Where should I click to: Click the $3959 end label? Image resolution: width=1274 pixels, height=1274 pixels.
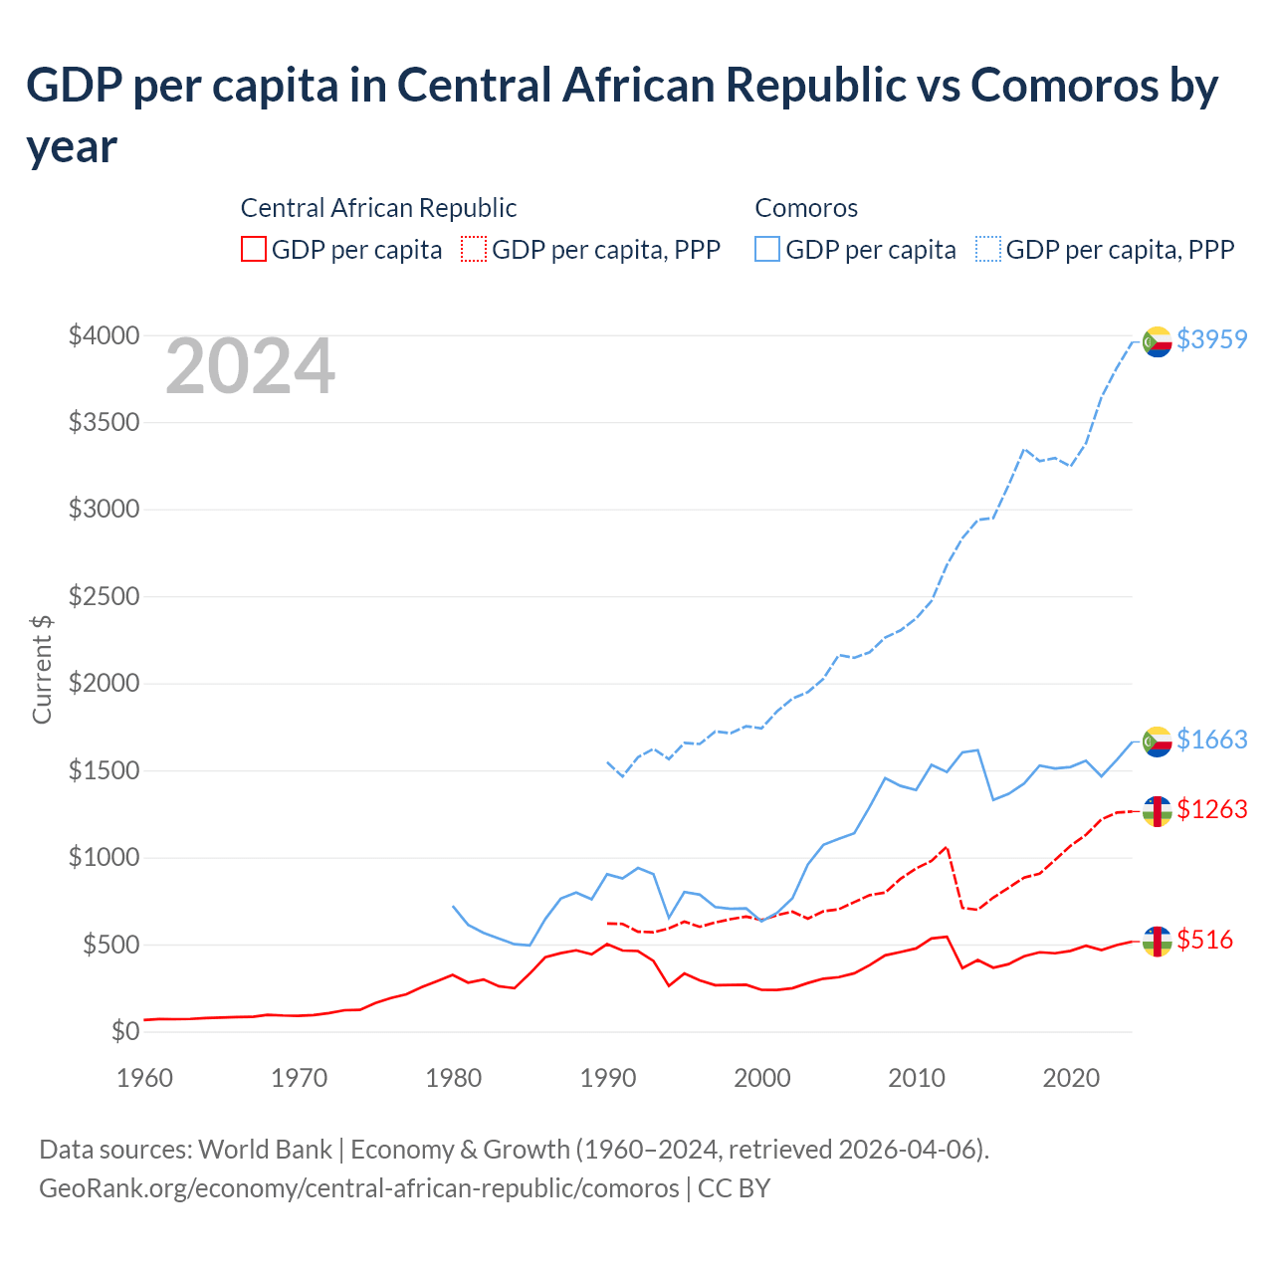pyautogui.click(x=1211, y=339)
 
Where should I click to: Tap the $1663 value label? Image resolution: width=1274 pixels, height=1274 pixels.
pyautogui.click(x=1211, y=740)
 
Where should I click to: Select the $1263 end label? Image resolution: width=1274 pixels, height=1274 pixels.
pyautogui.click(x=1211, y=809)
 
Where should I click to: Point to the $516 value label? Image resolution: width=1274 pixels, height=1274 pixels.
pyautogui.click(x=1204, y=940)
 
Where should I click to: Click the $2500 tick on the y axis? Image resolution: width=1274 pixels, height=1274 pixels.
pyautogui.click(x=104, y=597)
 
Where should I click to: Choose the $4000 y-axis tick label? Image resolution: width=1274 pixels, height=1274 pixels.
pyautogui.click(x=104, y=336)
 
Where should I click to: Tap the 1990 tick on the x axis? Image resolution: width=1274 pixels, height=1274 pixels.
pyautogui.click(x=608, y=1078)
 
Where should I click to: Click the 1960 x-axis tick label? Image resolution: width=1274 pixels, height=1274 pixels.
pyautogui.click(x=145, y=1078)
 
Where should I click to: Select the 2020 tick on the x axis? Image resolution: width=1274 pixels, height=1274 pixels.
pyautogui.click(x=1071, y=1078)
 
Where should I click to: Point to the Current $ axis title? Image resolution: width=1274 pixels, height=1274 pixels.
pyautogui.click(x=42, y=669)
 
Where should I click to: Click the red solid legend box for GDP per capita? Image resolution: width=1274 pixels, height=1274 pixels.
pyautogui.click(x=254, y=249)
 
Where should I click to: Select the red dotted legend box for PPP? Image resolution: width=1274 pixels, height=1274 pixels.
pyautogui.click(x=475, y=249)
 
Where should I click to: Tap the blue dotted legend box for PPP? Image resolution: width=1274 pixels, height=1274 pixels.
pyautogui.click(x=988, y=249)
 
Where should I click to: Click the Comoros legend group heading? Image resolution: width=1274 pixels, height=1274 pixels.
pyautogui.click(x=806, y=208)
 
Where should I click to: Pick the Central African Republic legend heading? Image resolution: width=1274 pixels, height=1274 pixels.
pyautogui.click(x=378, y=208)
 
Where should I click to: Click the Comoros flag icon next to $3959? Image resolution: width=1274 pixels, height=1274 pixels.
pyautogui.click(x=1157, y=341)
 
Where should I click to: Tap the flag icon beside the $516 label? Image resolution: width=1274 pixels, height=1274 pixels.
pyautogui.click(x=1157, y=942)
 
